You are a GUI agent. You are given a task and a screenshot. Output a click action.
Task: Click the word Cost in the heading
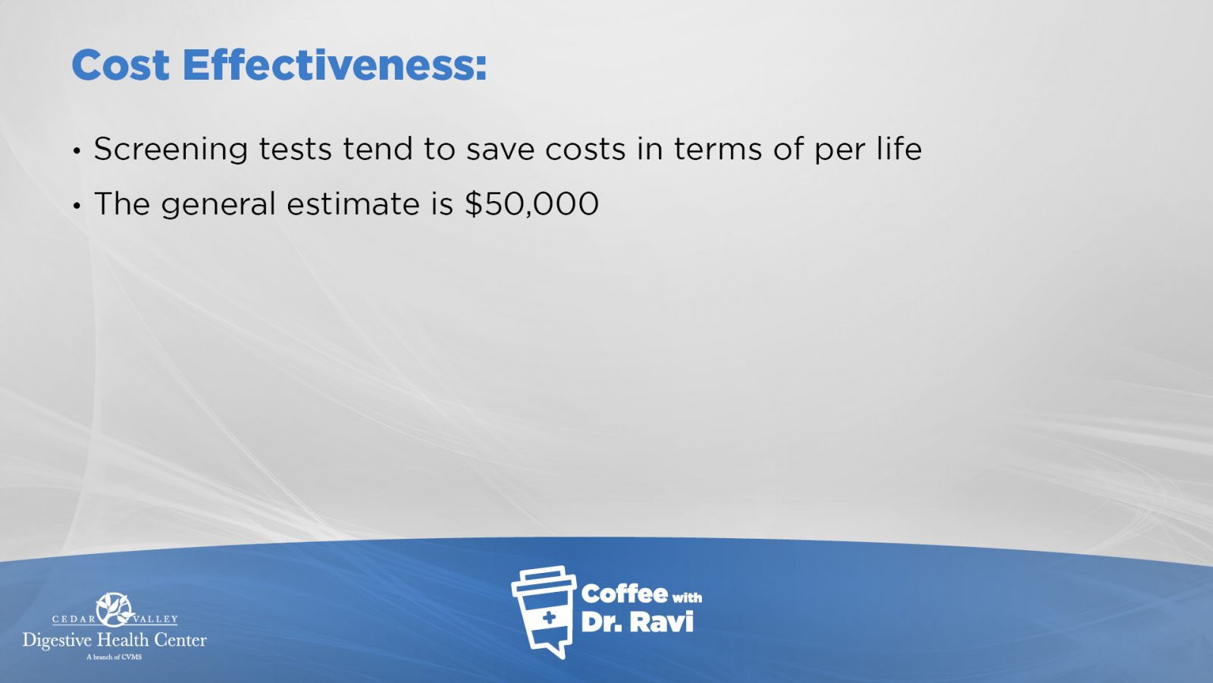click(121, 65)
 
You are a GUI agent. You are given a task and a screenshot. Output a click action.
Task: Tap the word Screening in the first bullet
click(171, 150)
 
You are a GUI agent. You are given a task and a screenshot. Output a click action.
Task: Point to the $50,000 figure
click(531, 204)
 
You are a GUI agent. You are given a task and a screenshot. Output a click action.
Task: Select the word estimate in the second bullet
click(353, 204)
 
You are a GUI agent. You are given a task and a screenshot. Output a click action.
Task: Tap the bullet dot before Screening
click(77, 151)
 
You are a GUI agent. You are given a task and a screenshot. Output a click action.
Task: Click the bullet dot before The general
click(77, 206)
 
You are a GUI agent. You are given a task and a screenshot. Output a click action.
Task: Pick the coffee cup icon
click(544, 612)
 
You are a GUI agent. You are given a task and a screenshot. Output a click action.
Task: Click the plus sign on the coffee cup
click(549, 618)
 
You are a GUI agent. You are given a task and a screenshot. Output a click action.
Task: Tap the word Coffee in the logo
click(624, 593)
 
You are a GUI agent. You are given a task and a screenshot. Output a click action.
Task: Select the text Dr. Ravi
click(637, 622)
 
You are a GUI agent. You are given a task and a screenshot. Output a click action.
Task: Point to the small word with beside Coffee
click(687, 598)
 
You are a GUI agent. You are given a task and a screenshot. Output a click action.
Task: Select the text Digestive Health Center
click(114, 641)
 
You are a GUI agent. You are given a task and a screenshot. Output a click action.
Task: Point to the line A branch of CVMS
click(114, 657)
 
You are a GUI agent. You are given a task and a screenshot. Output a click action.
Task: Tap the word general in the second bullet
click(219, 205)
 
